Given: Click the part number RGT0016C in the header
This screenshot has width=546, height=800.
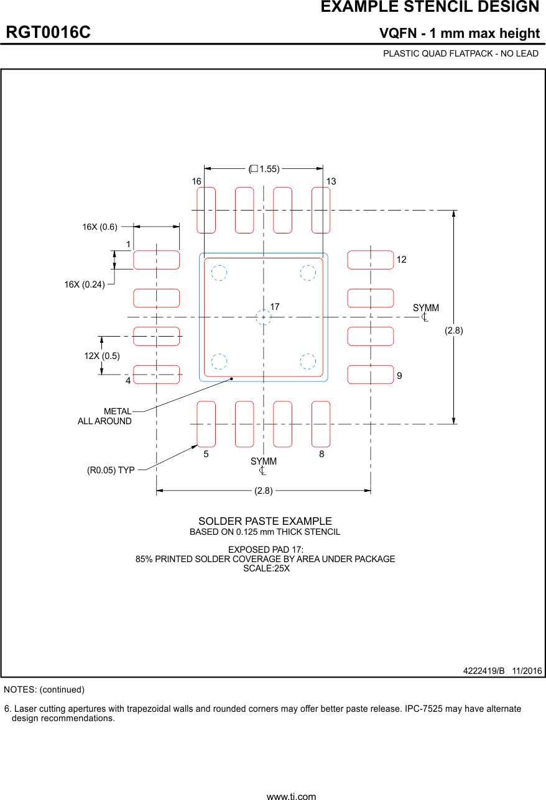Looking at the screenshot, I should pos(49,32).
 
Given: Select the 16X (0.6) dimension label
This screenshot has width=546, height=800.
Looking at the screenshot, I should pos(99,227).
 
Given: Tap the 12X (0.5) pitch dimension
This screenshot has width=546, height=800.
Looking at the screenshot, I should pos(102,355).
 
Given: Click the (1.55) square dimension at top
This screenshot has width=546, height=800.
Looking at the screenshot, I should pos(264,168).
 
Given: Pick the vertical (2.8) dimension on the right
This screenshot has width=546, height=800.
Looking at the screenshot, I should pos(453,330).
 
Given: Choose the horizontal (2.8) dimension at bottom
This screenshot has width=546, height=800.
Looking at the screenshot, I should pos(263,491).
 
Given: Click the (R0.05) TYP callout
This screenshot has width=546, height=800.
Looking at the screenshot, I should pos(111,470).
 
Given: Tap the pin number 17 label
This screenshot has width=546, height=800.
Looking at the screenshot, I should pos(275,307).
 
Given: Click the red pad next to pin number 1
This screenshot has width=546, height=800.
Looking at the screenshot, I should pos(156,260).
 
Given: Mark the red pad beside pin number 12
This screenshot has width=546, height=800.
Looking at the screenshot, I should pos(370,260).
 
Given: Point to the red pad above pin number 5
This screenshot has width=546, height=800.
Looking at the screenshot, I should pos(206,424).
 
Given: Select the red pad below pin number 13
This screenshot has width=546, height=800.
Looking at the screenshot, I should pos(321,210).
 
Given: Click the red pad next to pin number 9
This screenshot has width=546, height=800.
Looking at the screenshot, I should pos(370,375).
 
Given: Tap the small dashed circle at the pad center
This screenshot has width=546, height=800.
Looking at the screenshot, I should pos(264,317).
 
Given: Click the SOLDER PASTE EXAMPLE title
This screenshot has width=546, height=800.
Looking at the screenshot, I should pos(265,521).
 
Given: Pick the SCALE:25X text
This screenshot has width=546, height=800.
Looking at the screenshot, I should pos(266,568).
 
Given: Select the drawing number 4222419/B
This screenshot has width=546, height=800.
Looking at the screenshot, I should pos(484,671).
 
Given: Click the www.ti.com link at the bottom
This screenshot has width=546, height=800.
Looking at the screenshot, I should pos(291,796).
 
